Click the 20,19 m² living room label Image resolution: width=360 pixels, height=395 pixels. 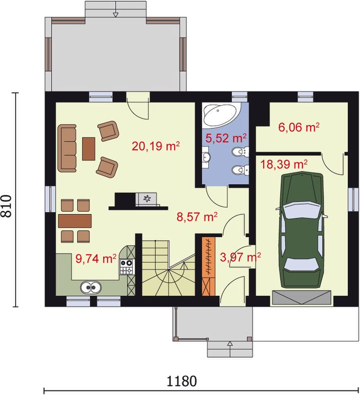point(156,146)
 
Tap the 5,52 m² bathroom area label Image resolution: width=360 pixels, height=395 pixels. point(226,138)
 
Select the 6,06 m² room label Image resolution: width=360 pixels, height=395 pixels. point(299,127)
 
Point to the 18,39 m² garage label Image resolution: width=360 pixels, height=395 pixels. point(284,164)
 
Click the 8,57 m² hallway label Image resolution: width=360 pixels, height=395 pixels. point(197,217)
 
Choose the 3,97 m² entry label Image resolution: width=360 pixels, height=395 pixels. point(240,257)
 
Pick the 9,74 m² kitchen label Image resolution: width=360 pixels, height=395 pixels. point(96,259)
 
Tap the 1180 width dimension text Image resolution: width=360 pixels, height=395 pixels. point(181,381)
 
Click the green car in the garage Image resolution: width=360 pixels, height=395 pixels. point(302,229)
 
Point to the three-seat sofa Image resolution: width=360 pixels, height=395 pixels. point(67,148)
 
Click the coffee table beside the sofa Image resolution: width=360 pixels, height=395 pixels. point(89,149)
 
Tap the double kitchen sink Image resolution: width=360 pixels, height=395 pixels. point(91,287)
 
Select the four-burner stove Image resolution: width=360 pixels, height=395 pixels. point(126,267)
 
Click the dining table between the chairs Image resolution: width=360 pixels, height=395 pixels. point(75,221)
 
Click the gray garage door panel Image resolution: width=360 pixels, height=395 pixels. point(302,297)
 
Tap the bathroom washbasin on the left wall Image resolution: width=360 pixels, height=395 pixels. point(206,157)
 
